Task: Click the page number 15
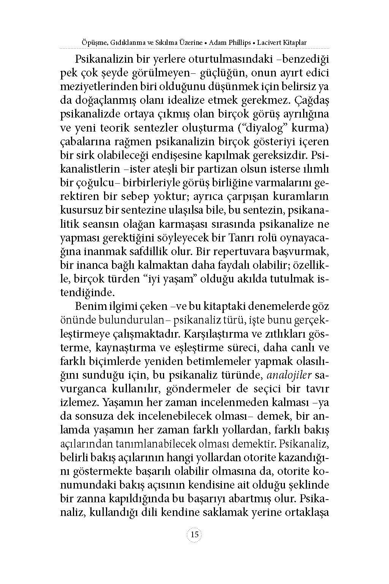194,535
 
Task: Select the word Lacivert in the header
269,43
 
